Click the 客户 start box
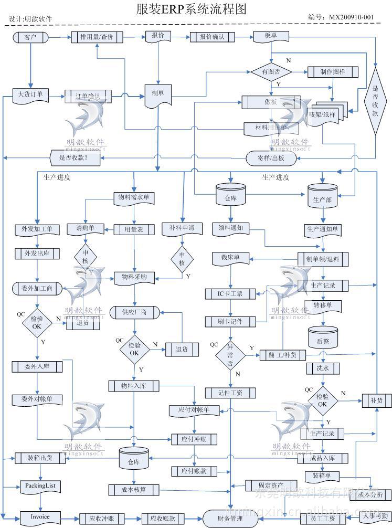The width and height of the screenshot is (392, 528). coord(30,37)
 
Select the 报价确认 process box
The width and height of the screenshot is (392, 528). coord(211,37)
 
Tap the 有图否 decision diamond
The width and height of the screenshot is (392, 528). coord(271,72)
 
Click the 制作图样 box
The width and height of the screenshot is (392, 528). coord(333,72)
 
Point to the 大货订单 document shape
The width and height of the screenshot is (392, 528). coord(30,95)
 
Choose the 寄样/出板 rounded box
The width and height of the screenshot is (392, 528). coord(271,157)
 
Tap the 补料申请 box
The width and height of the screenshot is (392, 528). coord(182,228)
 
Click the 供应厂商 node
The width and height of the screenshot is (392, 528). coord(135,312)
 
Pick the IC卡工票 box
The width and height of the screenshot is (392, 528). coord(230,294)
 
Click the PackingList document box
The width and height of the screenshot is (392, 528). coord(39,486)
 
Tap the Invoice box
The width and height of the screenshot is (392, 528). coord(40,516)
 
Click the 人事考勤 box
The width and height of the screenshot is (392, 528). coord(376,516)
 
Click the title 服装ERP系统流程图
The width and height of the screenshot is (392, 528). coord(190,9)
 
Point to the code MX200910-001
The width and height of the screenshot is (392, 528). coord(351,17)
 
